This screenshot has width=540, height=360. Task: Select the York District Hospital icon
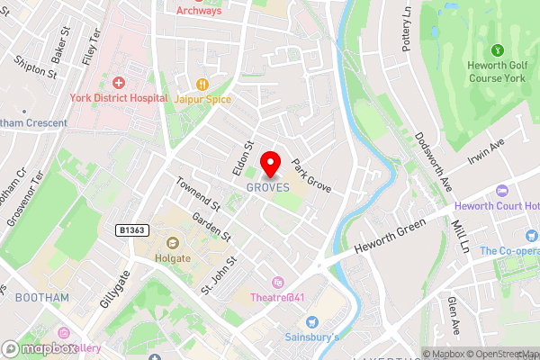(118, 83)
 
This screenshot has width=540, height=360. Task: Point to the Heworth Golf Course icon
(497, 49)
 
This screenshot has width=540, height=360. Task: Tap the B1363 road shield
(133, 231)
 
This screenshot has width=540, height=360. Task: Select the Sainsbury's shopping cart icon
(312, 321)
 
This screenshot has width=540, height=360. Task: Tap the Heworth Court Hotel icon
(502, 192)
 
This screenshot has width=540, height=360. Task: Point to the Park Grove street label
(311, 175)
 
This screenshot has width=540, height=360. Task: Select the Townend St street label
(199, 193)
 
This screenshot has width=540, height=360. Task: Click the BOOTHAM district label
(41, 297)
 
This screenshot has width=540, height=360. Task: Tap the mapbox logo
(40, 349)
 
